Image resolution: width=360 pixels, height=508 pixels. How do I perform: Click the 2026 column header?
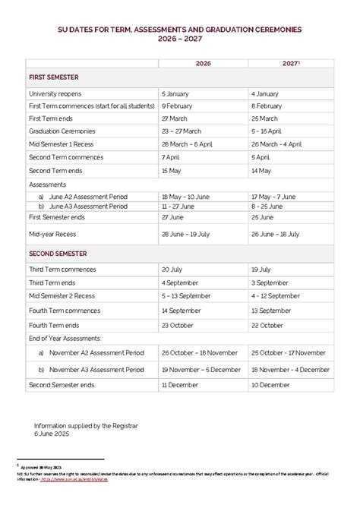point(204,63)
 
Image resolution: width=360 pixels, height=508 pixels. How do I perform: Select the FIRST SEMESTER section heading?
point(54,77)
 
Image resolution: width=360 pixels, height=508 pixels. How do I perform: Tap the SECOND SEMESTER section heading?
point(58,253)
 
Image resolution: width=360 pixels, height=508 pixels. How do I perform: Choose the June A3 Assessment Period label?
point(87,206)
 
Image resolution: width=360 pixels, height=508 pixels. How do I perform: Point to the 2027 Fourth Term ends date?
point(267,324)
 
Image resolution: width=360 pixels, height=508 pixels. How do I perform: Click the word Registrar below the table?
point(125,425)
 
